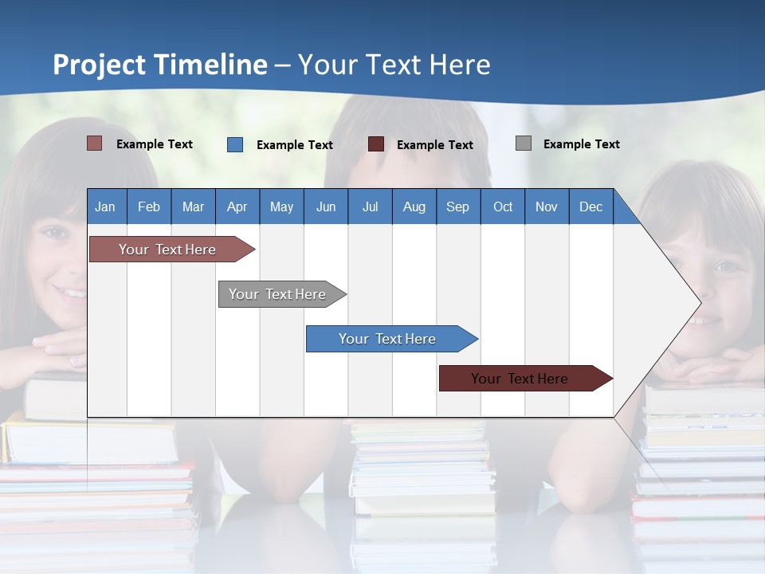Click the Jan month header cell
pyautogui.click(x=106, y=206)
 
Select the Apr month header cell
pyautogui.click(x=237, y=206)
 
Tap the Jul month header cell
pyautogui.click(x=370, y=206)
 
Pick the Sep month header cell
pyautogui.click(x=458, y=206)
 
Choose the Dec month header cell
pyautogui.click(x=590, y=206)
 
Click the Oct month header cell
pyautogui.click(x=503, y=206)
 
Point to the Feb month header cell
pyautogui.click(x=149, y=206)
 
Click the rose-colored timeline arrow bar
pyautogui.click(x=168, y=250)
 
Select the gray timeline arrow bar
pyautogui.click(x=278, y=294)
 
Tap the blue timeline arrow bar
pyautogui.click(x=388, y=339)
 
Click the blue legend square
pyautogui.click(x=235, y=144)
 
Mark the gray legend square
pyautogui.click(x=524, y=143)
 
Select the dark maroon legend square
pyautogui.click(x=376, y=144)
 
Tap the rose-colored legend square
pyautogui.click(x=95, y=143)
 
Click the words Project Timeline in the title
pyautogui.click(x=160, y=65)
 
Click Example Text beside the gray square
pyautogui.click(x=581, y=144)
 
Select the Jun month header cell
pyautogui.click(x=326, y=206)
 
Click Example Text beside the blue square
pyautogui.click(x=294, y=145)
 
